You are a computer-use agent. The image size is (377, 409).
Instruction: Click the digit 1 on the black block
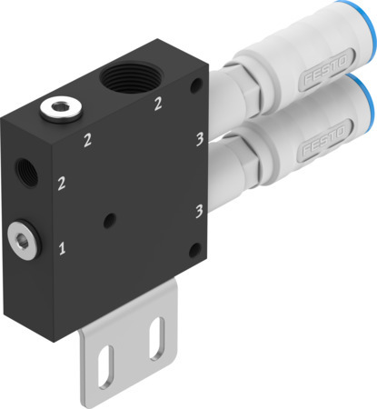pos(62,247)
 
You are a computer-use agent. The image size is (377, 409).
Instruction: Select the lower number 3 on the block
pos(197,211)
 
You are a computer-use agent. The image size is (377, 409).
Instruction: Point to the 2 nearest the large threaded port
pos(159,104)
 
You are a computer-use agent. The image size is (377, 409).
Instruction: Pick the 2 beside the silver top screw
pos(88,140)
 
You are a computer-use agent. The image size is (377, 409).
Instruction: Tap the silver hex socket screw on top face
pos(59,110)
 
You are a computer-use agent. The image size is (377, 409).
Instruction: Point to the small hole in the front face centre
pos(109,220)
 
